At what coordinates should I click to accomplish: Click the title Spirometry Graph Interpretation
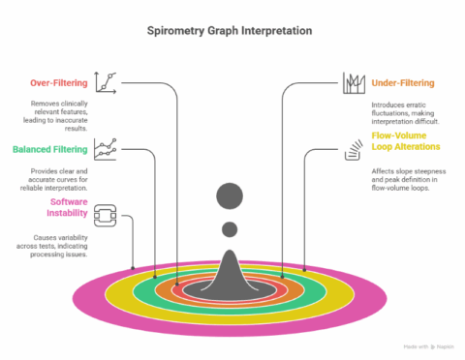point(229,31)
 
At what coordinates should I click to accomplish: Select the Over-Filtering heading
point(54,83)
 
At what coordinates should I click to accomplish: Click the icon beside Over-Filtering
point(107,81)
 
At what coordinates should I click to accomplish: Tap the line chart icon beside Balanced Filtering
point(107,148)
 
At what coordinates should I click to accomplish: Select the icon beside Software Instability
point(106,214)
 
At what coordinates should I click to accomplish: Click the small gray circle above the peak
point(230,229)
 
